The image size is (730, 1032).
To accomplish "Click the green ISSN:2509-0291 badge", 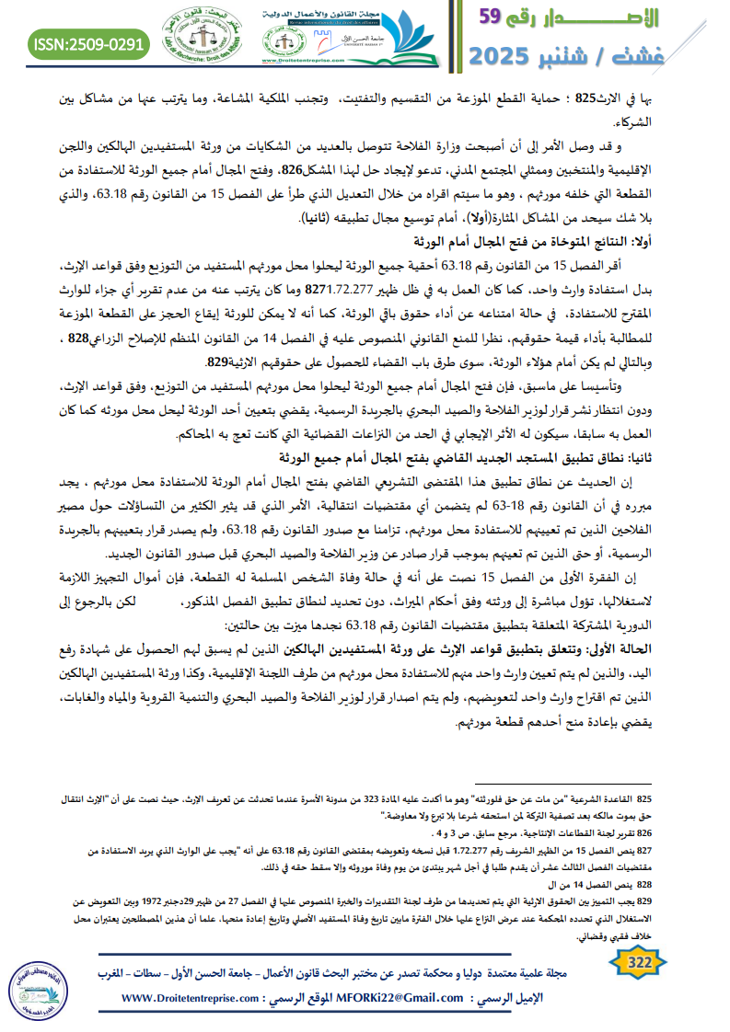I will (x=88, y=43).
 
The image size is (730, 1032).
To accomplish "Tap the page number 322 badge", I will (x=636, y=962).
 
